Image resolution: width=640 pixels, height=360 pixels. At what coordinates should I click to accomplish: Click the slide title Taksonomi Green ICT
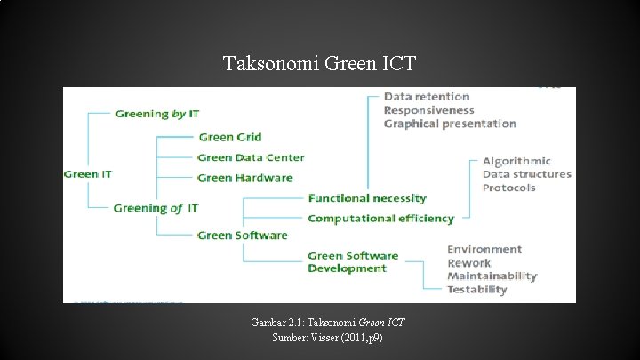(x=319, y=64)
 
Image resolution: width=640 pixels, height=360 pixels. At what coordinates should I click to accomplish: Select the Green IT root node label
(x=88, y=173)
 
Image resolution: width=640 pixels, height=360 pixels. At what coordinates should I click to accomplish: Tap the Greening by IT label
(x=156, y=113)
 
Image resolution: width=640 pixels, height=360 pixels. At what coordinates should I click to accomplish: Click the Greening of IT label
(x=156, y=208)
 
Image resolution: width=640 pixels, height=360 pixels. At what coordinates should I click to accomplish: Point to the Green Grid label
(x=229, y=137)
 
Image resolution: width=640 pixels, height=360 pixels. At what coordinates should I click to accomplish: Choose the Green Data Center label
(x=251, y=157)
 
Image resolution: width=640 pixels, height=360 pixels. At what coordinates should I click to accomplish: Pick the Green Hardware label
(x=244, y=178)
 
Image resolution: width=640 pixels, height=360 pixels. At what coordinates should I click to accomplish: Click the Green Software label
(x=242, y=235)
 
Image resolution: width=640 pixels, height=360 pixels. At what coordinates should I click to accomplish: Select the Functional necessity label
(x=367, y=198)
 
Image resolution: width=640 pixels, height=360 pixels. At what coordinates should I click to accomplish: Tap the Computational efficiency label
(x=380, y=218)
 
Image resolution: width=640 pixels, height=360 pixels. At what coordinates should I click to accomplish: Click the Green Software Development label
(x=353, y=262)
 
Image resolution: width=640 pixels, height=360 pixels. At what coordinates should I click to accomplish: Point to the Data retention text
(x=427, y=96)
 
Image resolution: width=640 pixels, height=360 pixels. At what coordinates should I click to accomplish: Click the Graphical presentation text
(x=450, y=124)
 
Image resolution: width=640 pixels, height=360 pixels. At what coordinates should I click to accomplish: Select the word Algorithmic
(x=516, y=161)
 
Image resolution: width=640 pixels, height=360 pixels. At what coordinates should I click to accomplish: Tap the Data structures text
(x=526, y=174)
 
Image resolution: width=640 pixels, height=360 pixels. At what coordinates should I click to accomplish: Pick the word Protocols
(x=509, y=188)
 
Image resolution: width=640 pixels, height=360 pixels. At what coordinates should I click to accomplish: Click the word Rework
(x=468, y=263)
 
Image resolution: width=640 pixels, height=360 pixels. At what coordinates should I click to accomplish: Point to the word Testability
(x=476, y=289)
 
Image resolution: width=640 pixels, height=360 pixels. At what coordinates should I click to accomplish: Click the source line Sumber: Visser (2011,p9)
(x=320, y=340)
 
